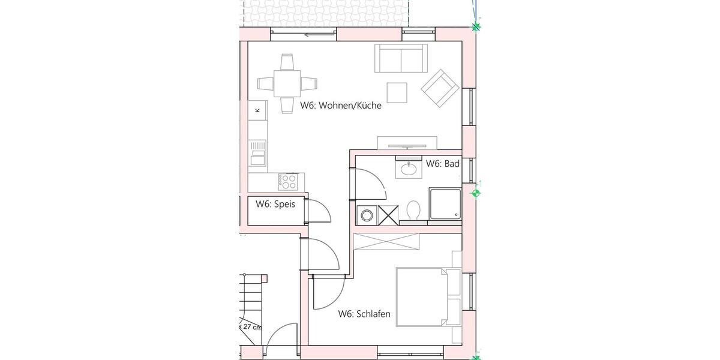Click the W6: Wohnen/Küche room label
[x=340, y=106]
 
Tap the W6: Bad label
[x=442, y=163]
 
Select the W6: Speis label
[x=275, y=204]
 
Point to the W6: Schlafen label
[x=364, y=314]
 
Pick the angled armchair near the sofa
[x=441, y=88]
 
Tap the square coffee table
[x=397, y=92]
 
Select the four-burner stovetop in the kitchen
[x=289, y=180]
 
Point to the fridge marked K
[x=258, y=110]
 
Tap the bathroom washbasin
[x=409, y=169]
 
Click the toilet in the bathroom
[x=413, y=211]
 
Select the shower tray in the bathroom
[x=445, y=204]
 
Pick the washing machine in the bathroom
[x=365, y=214]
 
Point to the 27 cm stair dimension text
[x=251, y=327]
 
